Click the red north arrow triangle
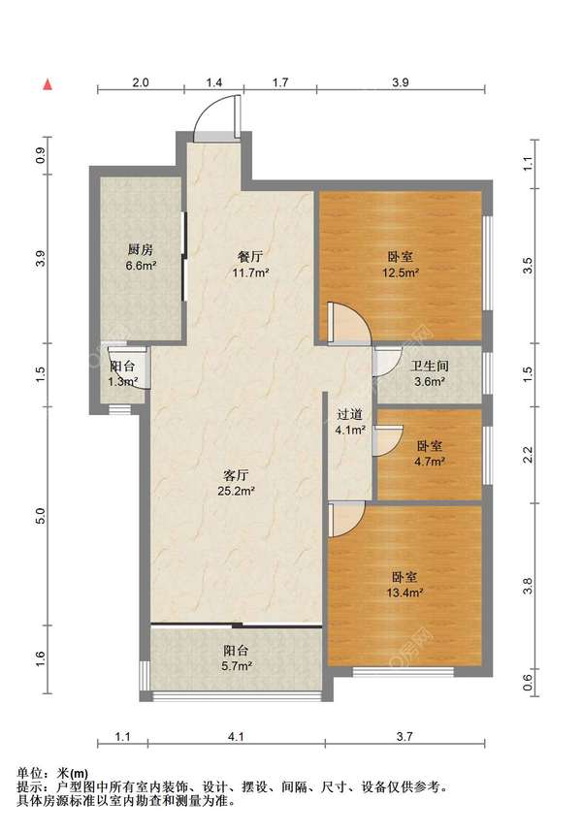tap(48, 84)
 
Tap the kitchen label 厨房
tap(141, 248)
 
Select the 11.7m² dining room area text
tap(250, 273)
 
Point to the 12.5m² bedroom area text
tap(401, 273)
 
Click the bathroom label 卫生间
tap(430, 366)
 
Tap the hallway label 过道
tap(350, 414)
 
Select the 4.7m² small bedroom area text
tap(430, 462)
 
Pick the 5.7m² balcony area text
tap(237, 665)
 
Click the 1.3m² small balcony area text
tap(123, 381)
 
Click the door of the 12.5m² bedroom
tap(348, 324)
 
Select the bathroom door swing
tap(387, 362)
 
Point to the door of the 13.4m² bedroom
tap(346, 519)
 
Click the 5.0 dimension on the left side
tap(42, 516)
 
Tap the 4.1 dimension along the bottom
tap(236, 736)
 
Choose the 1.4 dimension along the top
tap(214, 82)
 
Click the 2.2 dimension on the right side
tap(528, 455)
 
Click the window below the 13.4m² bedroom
tap(404, 671)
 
